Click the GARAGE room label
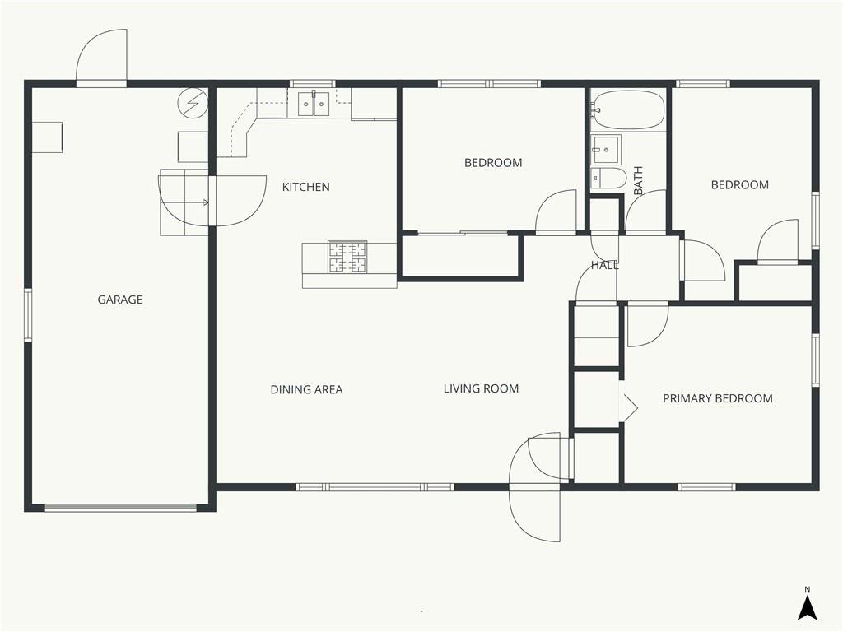pyautogui.click(x=120, y=300)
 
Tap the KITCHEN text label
pyautogui.click(x=306, y=187)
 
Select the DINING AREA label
pyautogui.click(x=306, y=389)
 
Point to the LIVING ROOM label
pyautogui.click(x=481, y=388)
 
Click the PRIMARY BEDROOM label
pyautogui.click(x=718, y=398)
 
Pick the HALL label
pyautogui.click(x=605, y=265)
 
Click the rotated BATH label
pyautogui.click(x=638, y=180)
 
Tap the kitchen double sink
pyautogui.click(x=314, y=104)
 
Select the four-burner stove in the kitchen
pyautogui.click(x=347, y=257)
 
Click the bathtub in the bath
pyautogui.click(x=628, y=109)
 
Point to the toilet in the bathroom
pyautogui.click(x=608, y=178)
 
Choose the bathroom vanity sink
pyautogui.click(x=606, y=150)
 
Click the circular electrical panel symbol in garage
pyautogui.click(x=193, y=102)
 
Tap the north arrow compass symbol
pyautogui.click(x=807, y=607)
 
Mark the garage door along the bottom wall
pyautogui.click(x=120, y=507)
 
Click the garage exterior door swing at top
pyautogui.click(x=101, y=57)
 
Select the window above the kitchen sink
pyautogui.click(x=312, y=84)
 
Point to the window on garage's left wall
pyautogui.click(x=28, y=314)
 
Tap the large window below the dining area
pyautogui.click(x=375, y=487)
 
